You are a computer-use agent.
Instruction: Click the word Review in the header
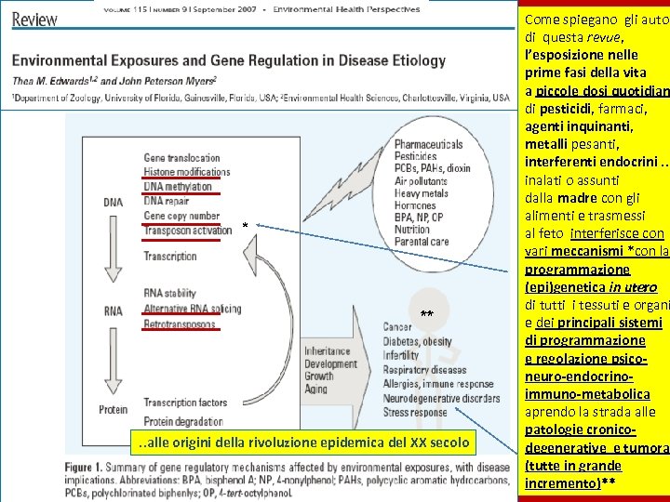pyautogui.click(x=34, y=19)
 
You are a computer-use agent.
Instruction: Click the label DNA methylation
pyautogui.click(x=178, y=187)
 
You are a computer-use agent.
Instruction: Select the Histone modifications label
pyautogui.click(x=186, y=172)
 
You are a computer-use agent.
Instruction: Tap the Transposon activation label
pyautogui.click(x=188, y=231)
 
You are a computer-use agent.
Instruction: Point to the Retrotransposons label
pyautogui.click(x=179, y=324)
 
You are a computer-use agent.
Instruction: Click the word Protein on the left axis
pyautogui.click(x=112, y=409)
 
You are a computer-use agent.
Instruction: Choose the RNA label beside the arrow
pyautogui.click(x=112, y=310)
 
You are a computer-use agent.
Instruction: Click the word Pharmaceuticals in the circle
pyautogui.click(x=427, y=144)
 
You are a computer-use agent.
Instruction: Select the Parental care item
pyautogui.click(x=421, y=241)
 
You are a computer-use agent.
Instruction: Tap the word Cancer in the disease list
pyautogui.click(x=397, y=327)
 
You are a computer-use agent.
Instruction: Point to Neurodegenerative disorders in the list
pyautogui.click(x=441, y=396)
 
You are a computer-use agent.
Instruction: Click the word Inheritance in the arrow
pyautogui.click(x=328, y=351)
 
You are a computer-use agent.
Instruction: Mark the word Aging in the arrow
pyautogui.click(x=317, y=390)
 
